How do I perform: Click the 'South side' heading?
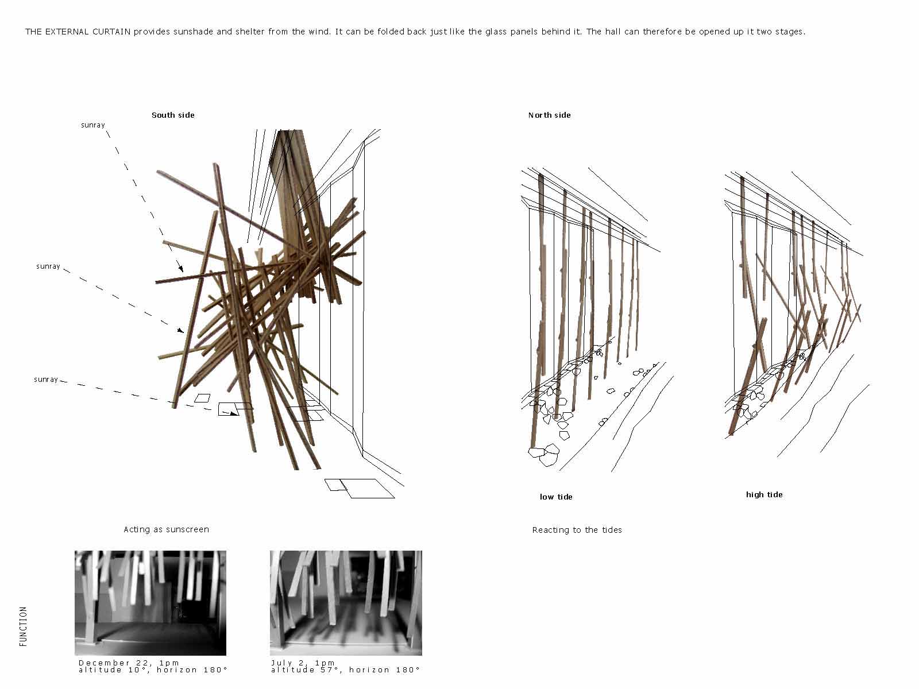point(173,115)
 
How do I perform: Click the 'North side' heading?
point(549,115)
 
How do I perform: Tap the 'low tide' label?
point(556,497)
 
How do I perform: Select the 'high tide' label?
point(764,494)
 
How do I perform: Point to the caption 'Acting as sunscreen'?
point(166,529)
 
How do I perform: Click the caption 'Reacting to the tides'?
point(577,529)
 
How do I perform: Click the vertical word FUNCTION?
point(23,626)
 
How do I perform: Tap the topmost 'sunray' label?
point(92,125)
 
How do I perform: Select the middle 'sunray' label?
point(48,266)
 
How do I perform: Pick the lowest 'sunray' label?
point(45,380)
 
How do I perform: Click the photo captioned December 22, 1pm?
point(150,603)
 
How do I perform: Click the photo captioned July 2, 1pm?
point(346,603)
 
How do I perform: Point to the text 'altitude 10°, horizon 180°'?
point(153,669)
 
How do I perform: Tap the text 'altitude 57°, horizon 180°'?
point(345,669)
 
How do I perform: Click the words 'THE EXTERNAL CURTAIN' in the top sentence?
point(78,32)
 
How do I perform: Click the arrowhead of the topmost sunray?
point(180,268)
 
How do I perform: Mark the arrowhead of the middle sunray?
point(180,331)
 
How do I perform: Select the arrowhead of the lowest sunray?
point(235,414)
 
